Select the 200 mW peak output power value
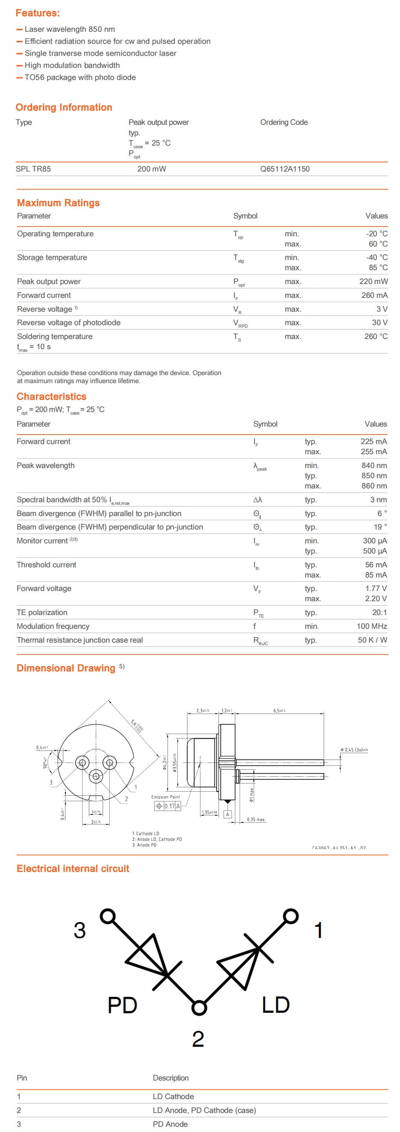tap(152, 169)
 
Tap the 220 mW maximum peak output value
tap(373, 281)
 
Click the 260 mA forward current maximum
tap(374, 295)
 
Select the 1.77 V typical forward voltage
tap(376, 588)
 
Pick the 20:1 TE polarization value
tap(379, 612)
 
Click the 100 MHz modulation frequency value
tap(372, 626)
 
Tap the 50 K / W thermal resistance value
tap(372, 640)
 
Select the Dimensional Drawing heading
tap(66, 668)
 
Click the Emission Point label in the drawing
tap(165, 797)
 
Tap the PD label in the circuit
tap(123, 1005)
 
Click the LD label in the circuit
tap(276, 1005)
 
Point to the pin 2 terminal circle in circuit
tap(199, 1008)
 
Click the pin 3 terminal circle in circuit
tap(108, 916)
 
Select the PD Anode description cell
tap(170, 1124)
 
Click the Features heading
tap(38, 13)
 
